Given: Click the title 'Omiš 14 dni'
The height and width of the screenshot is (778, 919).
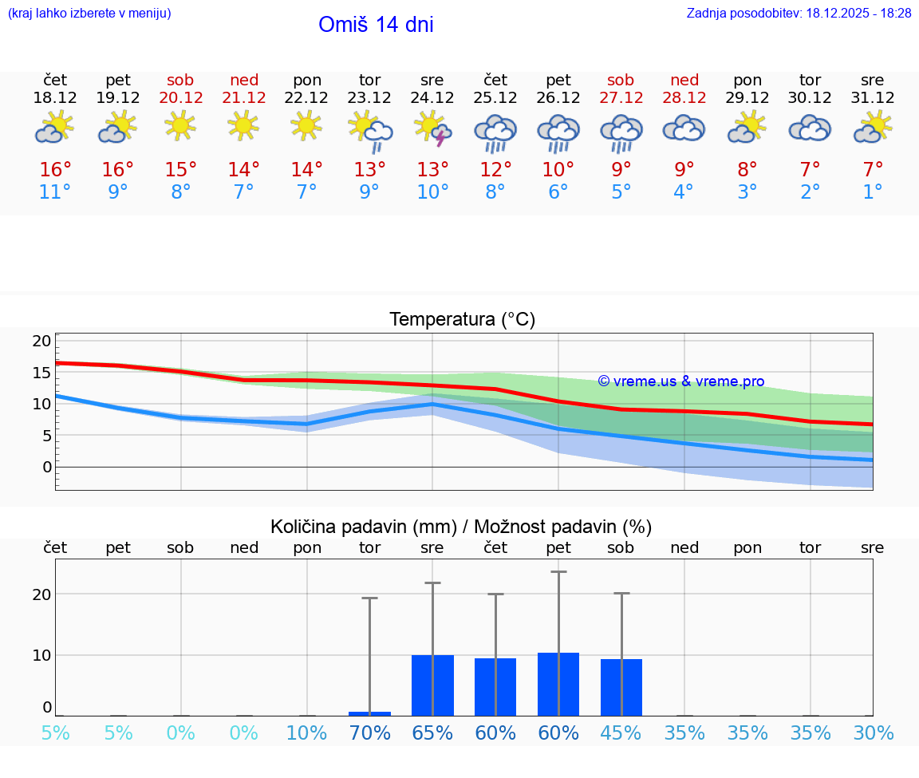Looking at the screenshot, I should tap(376, 25).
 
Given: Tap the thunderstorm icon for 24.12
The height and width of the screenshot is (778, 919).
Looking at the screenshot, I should tap(432, 128).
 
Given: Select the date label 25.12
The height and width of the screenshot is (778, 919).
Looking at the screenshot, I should tap(495, 98).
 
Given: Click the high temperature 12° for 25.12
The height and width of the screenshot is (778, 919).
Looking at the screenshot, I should tap(495, 169).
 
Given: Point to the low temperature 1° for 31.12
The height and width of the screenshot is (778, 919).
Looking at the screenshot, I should tap(873, 192).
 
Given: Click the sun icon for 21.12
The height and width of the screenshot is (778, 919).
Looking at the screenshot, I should tap(243, 125).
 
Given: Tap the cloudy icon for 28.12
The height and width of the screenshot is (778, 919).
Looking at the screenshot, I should tap(684, 128).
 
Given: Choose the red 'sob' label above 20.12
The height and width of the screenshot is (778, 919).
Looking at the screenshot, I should tap(181, 80).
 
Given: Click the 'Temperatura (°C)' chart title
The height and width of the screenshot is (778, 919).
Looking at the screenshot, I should tap(463, 320).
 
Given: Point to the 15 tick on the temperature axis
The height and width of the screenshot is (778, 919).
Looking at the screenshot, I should tap(41, 373).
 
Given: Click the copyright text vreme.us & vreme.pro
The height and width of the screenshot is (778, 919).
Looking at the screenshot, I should tap(681, 381).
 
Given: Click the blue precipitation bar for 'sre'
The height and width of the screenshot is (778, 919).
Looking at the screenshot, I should tap(432, 685).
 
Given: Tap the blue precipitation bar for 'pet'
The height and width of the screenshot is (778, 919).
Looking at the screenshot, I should tap(558, 684).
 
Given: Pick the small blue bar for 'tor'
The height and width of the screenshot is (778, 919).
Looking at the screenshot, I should tap(369, 713).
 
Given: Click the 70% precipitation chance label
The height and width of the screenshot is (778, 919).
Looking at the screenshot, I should tap(370, 733).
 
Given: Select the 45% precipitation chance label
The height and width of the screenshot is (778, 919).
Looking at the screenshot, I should tap(621, 733).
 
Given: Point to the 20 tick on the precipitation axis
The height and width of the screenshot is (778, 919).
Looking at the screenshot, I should tap(41, 594).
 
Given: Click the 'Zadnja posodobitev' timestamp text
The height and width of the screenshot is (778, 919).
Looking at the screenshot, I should tap(799, 13).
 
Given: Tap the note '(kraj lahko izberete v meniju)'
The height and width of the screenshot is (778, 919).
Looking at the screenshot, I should tap(89, 13).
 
